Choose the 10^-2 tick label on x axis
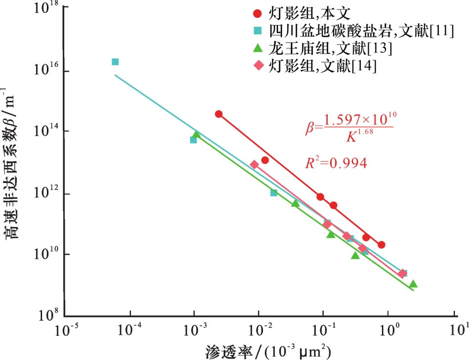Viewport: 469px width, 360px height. (x=259, y=330)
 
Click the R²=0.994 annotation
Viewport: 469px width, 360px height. (x=336, y=163)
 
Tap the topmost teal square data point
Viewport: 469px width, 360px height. (x=115, y=62)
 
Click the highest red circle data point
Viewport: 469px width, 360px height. (x=219, y=114)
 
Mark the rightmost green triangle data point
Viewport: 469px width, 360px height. (x=413, y=284)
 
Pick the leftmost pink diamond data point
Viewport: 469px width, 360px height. (x=254, y=165)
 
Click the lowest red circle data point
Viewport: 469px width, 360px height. (x=381, y=245)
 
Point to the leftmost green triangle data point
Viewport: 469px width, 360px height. (x=196, y=134)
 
